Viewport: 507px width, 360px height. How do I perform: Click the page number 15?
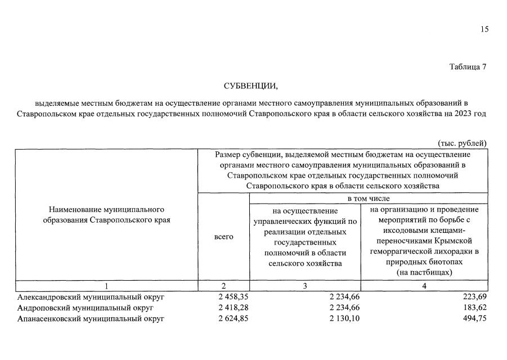484,30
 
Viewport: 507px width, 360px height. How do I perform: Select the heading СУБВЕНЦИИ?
250,86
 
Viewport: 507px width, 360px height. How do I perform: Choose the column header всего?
224,237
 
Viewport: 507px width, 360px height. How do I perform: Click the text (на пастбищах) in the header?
424,272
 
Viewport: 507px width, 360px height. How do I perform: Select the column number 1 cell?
106,286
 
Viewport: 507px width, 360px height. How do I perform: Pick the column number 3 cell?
305,286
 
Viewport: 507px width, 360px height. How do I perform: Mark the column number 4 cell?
424,286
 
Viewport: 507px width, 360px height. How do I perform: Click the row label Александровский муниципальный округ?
91,297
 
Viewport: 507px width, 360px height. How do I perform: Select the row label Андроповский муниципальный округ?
85,308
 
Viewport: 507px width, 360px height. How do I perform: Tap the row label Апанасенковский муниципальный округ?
91,319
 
